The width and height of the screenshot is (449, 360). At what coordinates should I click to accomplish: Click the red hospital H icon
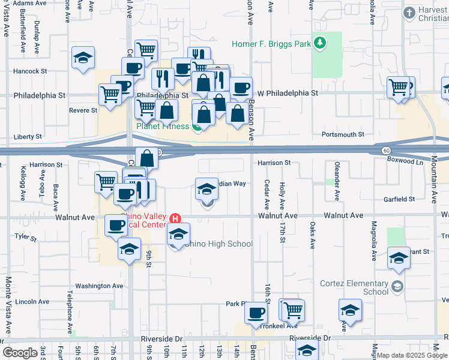(175, 217)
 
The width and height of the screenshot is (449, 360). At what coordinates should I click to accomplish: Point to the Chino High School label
(218, 244)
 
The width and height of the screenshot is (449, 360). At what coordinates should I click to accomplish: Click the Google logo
(20, 353)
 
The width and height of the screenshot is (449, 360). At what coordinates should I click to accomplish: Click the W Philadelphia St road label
(288, 94)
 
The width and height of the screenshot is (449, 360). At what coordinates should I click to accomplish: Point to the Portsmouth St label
(344, 134)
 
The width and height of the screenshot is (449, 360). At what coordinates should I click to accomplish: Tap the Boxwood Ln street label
(405, 161)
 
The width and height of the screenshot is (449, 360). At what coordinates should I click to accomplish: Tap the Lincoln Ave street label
(32, 301)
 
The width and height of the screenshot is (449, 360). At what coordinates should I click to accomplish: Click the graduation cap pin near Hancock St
(83, 58)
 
